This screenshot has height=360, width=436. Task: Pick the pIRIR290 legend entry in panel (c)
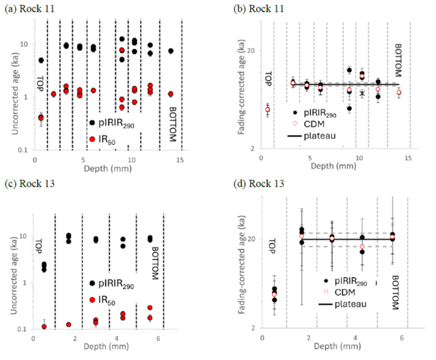coord(114,284)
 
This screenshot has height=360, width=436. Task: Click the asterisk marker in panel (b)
coord(362,93)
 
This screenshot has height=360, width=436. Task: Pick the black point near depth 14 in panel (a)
coord(171,51)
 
